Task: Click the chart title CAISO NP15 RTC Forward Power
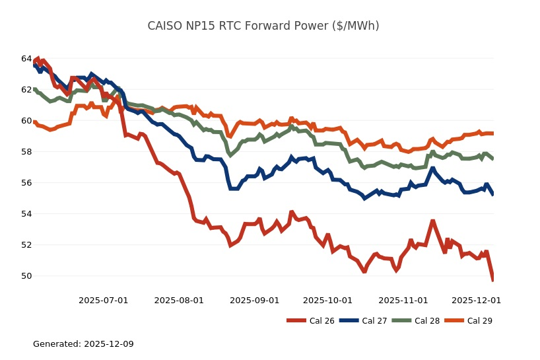pyautogui.click(x=263, y=26)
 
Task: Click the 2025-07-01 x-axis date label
pyautogui.click(x=104, y=301)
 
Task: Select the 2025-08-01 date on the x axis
pyautogui.click(x=179, y=301)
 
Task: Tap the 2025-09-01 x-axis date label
pyautogui.click(x=255, y=301)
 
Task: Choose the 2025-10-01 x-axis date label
pyautogui.click(x=328, y=301)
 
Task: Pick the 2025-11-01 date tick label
pyautogui.click(x=403, y=301)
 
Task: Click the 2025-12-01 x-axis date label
pyautogui.click(x=476, y=301)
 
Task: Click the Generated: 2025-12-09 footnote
pyautogui.click(x=83, y=344)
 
